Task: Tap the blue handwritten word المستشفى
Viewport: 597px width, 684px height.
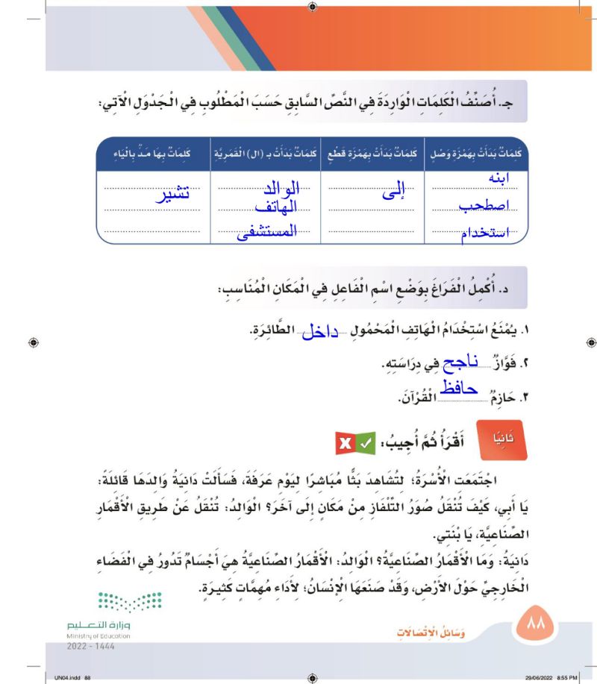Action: tap(266, 232)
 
